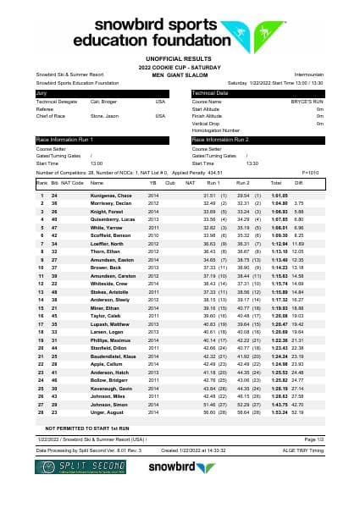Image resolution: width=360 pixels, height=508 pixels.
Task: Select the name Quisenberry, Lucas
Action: (112, 219)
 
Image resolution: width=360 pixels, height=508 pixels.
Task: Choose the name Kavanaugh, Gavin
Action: (111, 389)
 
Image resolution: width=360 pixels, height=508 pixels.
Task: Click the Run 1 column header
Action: (213, 183)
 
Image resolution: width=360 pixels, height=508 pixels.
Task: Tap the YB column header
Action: (152, 183)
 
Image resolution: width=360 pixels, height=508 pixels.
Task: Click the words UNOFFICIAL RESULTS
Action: (180, 58)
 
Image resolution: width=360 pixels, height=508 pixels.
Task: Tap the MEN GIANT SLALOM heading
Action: (180, 75)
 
